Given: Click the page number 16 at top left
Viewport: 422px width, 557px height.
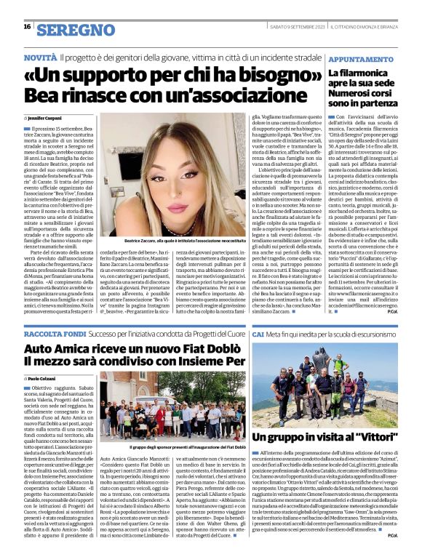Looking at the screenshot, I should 27,26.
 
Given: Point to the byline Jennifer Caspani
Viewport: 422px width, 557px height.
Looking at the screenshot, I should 46,117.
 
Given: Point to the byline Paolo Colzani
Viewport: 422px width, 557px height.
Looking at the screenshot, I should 44,379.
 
